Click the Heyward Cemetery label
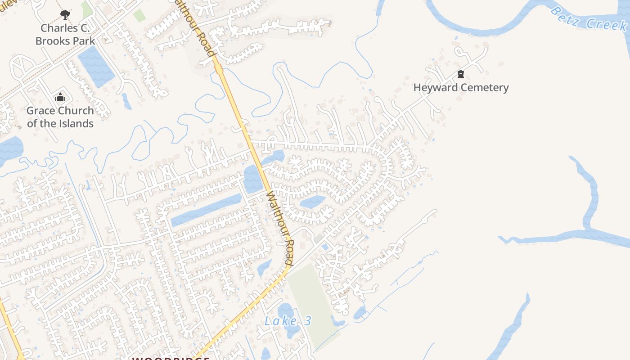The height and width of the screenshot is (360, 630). click(461, 87)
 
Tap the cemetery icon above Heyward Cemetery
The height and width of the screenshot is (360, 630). click(460, 74)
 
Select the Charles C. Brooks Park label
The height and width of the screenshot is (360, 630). click(65, 34)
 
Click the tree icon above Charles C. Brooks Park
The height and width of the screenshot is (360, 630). click(65, 15)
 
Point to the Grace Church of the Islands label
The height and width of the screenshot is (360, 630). click(60, 117)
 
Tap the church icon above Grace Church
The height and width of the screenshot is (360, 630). click(60, 97)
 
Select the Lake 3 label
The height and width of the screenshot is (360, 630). click(288, 321)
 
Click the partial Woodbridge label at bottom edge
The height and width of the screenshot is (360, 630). click(171, 358)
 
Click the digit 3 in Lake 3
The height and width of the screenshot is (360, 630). click(308, 321)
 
